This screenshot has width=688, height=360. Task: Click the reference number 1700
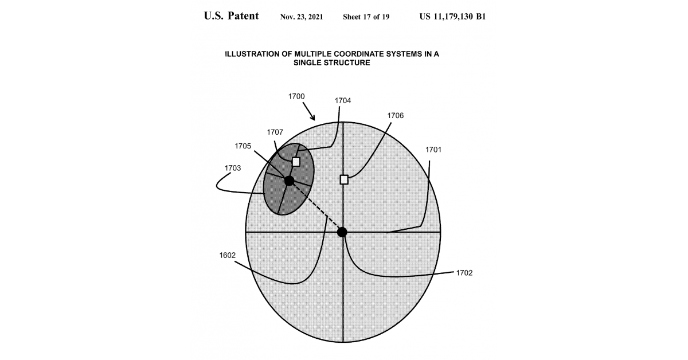tap(296, 96)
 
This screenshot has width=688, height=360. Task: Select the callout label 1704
tap(343, 100)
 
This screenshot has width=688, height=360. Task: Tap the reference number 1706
tap(396, 115)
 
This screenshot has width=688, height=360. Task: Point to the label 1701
tap(433, 150)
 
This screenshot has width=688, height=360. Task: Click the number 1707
tap(275, 132)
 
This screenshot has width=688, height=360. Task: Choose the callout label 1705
tap(243, 146)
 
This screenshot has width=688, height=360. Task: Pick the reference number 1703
tap(233, 168)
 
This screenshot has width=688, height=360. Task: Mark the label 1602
tap(228, 255)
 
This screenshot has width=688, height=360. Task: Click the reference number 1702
tap(464, 273)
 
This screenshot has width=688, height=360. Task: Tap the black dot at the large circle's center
tap(342, 232)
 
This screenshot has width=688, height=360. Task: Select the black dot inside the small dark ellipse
tap(290, 181)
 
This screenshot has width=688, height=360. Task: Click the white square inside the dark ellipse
tap(296, 162)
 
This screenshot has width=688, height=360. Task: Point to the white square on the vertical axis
tap(344, 179)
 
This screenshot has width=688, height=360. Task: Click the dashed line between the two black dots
tap(316, 206)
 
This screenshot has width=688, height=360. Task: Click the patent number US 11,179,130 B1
tap(453, 17)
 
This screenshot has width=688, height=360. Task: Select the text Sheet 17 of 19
tap(366, 17)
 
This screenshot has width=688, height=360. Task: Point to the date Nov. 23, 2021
tap(302, 17)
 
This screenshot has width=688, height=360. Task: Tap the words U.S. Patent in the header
tap(231, 16)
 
